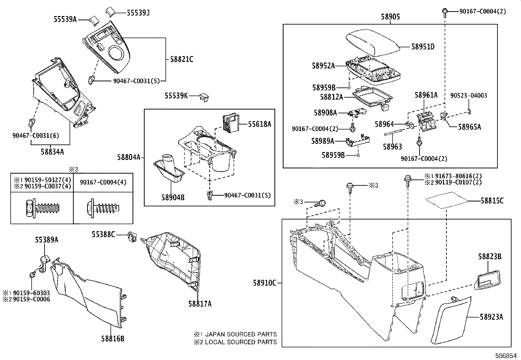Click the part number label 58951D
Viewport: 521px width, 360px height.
[x=423, y=47]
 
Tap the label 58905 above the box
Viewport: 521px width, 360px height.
[x=390, y=17]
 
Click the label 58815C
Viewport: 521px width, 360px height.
[x=492, y=201]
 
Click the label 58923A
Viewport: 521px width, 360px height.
[x=492, y=317]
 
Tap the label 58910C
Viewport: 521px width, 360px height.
[x=264, y=283]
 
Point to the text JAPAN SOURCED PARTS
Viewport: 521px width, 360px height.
[x=241, y=334]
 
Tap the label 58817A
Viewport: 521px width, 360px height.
[x=200, y=304]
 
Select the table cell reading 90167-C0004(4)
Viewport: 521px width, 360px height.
[x=103, y=182]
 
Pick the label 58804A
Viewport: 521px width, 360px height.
[x=129, y=157]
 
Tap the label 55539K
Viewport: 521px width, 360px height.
[x=176, y=96]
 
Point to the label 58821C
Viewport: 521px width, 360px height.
[x=182, y=59]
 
